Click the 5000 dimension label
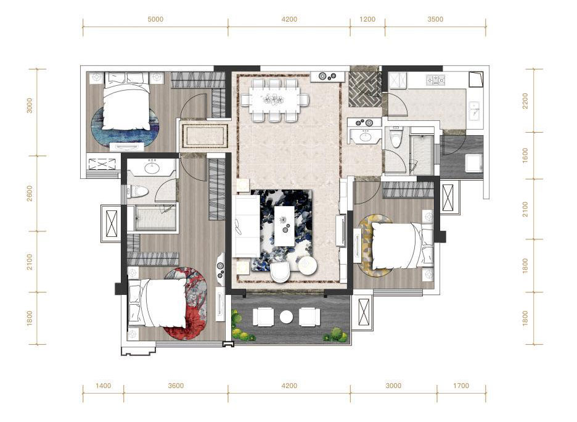click(x=155, y=19)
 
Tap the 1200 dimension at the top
click(x=367, y=19)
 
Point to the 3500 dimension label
click(x=435, y=19)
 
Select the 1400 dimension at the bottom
click(x=103, y=386)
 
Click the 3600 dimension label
click(x=176, y=386)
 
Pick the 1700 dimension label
click(x=461, y=386)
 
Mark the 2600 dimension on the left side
click(x=30, y=193)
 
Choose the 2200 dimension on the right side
click(x=525, y=101)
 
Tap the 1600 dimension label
click(x=525, y=155)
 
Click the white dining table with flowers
click(x=274, y=99)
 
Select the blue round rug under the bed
click(x=125, y=127)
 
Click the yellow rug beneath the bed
click(x=375, y=246)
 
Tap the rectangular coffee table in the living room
click(x=284, y=226)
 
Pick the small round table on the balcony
click(x=286, y=316)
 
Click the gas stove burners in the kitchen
click(x=435, y=80)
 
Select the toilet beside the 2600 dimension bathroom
click(x=139, y=191)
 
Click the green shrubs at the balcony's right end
click(x=335, y=334)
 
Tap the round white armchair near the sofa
click(x=281, y=271)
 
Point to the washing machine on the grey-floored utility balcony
click(x=474, y=163)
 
